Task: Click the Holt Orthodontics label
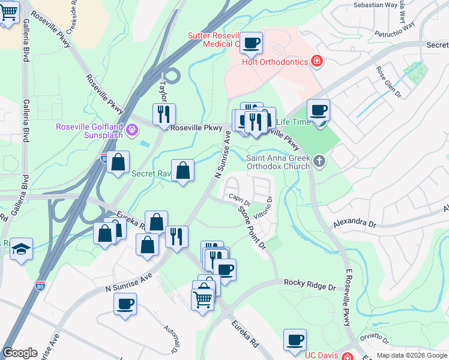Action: (x=274, y=61)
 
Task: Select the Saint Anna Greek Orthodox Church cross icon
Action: (x=319, y=161)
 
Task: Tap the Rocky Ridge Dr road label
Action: (x=309, y=284)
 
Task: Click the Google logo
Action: (x=20, y=353)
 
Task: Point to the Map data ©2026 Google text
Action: (x=411, y=355)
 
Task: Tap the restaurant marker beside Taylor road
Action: (x=164, y=114)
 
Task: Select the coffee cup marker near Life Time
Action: (x=318, y=110)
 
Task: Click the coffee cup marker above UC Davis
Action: (x=295, y=340)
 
